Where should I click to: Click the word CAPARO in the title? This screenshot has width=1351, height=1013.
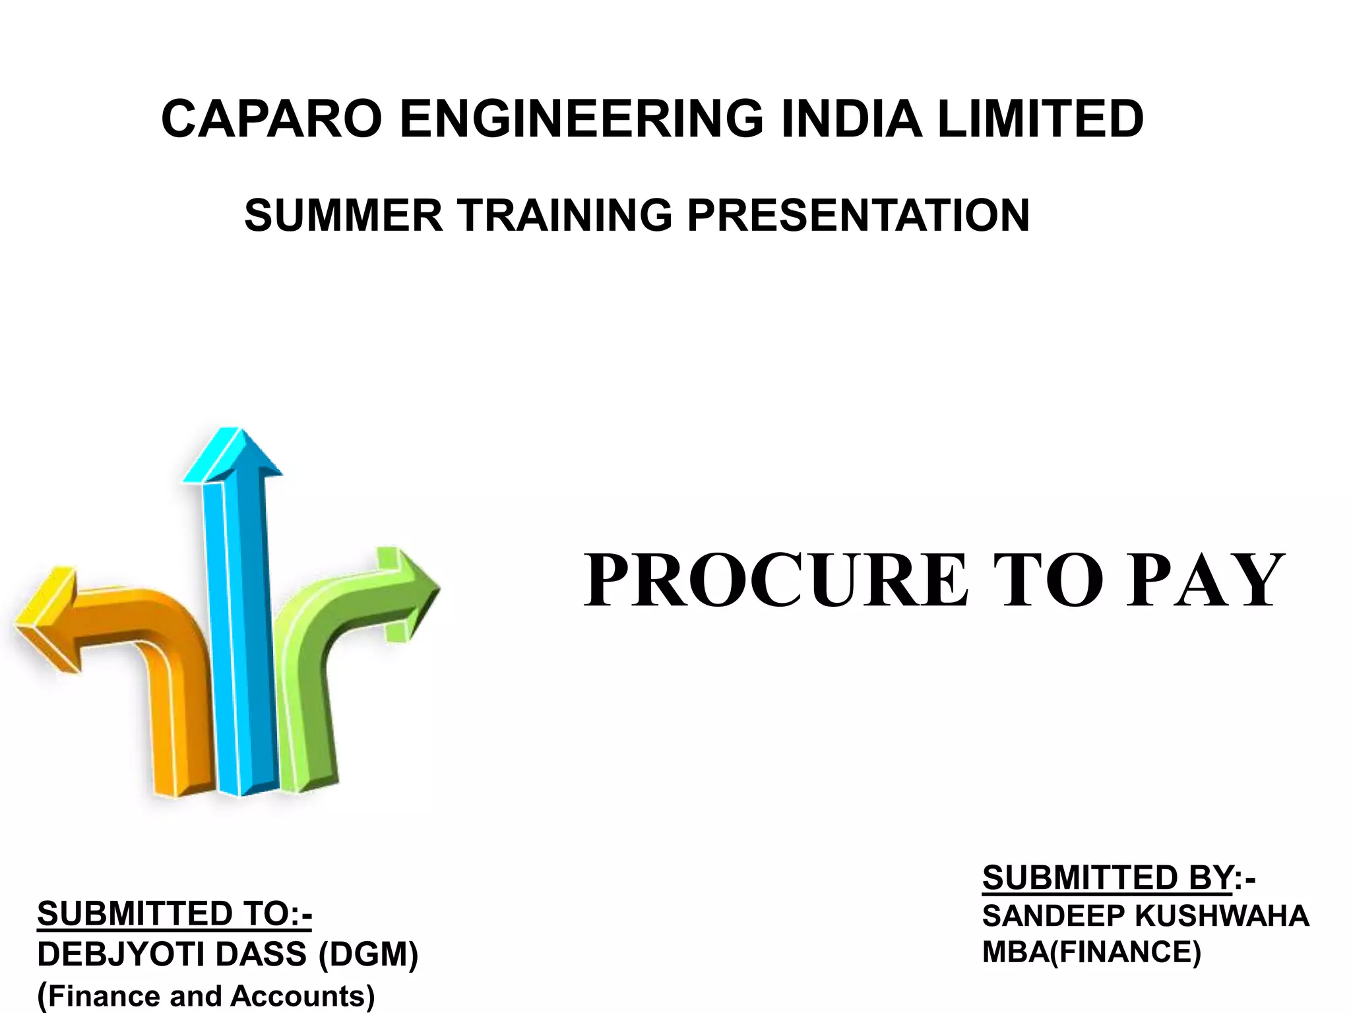point(271,119)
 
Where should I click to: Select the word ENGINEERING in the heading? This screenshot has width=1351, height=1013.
point(581,119)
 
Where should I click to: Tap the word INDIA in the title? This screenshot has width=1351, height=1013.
point(851,119)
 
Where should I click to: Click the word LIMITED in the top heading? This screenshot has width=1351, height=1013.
point(1040,119)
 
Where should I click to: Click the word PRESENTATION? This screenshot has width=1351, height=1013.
point(858,216)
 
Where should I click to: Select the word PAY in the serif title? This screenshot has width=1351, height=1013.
point(1205,580)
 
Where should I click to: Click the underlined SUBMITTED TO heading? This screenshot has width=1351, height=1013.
point(174,914)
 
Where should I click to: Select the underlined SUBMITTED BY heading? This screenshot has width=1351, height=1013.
point(1118,878)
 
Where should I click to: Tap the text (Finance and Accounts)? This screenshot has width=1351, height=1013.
point(206,996)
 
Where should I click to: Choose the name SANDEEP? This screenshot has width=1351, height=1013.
point(1053,916)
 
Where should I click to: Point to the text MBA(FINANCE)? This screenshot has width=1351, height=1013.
point(1091,952)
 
